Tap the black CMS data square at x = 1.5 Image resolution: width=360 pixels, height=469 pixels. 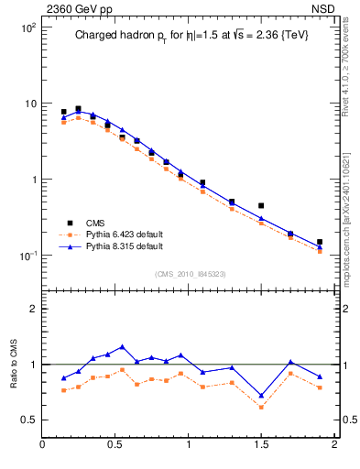(261, 206)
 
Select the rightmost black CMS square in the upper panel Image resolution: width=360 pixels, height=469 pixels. (320, 243)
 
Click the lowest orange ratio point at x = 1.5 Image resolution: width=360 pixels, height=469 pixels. (261, 407)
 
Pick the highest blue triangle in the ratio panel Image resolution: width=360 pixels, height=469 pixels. (123, 347)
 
